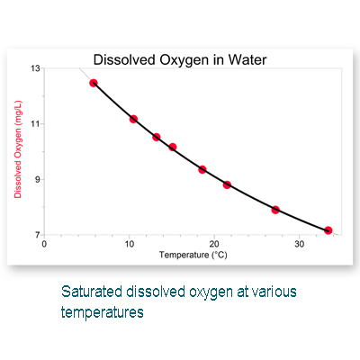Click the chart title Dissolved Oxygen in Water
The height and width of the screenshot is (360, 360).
tap(180, 60)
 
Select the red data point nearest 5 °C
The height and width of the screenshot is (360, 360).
tap(94, 83)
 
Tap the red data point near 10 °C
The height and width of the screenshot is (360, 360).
tap(133, 119)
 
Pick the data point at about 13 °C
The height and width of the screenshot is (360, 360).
tap(157, 137)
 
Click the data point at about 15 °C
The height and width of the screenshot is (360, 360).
tap(173, 147)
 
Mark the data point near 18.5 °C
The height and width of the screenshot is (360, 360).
tap(202, 169)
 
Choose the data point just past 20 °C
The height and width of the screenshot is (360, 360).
tap(227, 184)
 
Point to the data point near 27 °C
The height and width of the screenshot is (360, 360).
tap(275, 210)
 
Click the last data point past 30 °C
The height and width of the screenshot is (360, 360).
tap(328, 230)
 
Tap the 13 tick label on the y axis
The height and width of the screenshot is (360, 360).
tap(35, 68)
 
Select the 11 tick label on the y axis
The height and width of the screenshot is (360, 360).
tap(35, 124)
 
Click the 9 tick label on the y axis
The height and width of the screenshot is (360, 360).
tap(38, 179)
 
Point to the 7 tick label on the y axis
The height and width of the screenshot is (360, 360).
tap(38, 235)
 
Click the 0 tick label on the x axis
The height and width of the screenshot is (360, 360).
tap(44, 244)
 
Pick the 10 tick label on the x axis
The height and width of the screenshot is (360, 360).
tap(130, 244)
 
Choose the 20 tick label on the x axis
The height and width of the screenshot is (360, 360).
tap(214, 244)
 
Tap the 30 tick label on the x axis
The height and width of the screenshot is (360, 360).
tap(299, 244)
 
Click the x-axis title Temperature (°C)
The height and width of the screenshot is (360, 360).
tap(193, 255)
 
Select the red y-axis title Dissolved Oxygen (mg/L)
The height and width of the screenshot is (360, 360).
tap(18, 149)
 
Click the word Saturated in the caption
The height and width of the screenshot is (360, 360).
tap(92, 292)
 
